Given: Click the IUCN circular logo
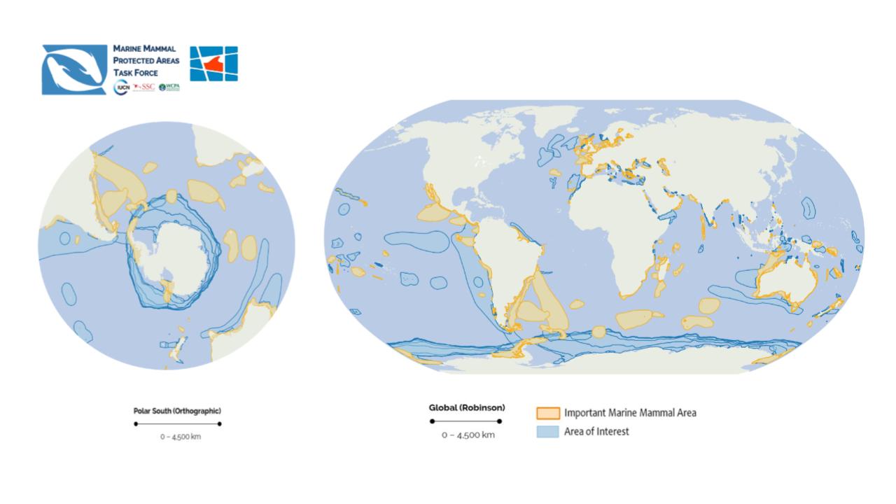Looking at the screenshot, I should pos(121,87).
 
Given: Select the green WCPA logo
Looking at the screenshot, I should pos(169,87).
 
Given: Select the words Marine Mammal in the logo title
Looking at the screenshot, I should pos(144,49).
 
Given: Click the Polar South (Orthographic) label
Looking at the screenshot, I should pos(177,411).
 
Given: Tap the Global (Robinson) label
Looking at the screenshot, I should pos(466,407).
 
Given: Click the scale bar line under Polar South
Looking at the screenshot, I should pos(177,423).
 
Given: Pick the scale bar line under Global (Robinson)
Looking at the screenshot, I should pos(466,421).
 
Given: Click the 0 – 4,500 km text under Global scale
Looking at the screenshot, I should pos(468,435).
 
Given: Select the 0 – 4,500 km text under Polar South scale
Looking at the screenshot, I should pos(181,437).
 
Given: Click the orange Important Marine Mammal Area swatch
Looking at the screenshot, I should pos(548,413).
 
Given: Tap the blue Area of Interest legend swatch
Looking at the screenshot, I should pos(548,432).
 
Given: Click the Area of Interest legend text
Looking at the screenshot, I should pos(596,432).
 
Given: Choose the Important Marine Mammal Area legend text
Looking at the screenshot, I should pos(630,413).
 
